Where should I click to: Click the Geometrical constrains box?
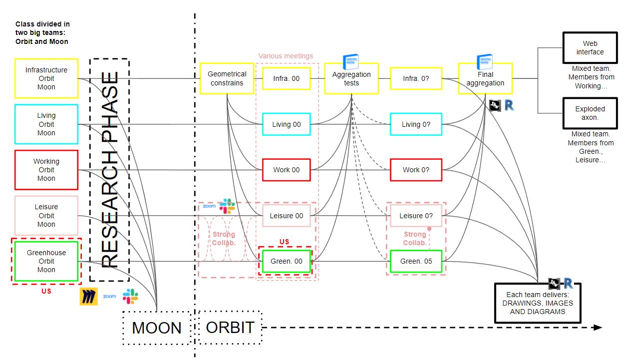click(227, 78)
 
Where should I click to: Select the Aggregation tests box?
click(351, 78)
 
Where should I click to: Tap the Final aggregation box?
click(485, 78)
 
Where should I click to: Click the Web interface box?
click(590, 48)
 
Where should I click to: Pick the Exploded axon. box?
click(590, 113)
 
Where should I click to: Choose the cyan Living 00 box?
click(287, 124)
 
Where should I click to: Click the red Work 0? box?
click(416, 170)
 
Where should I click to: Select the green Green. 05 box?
click(416, 261)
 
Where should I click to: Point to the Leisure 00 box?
click(287, 216)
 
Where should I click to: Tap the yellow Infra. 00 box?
click(287, 78)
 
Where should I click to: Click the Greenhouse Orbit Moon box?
click(46, 261)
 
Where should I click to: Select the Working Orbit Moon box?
click(46, 170)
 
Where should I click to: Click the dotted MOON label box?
click(157, 328)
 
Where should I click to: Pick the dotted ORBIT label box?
click(230, 328)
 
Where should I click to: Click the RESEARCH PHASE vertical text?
click(110, 170)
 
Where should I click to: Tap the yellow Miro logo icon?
click(88, 296)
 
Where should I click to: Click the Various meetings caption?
click(286, 56)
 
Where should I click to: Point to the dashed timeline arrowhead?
click(598, 328)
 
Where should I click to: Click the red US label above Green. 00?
click(284, 242)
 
